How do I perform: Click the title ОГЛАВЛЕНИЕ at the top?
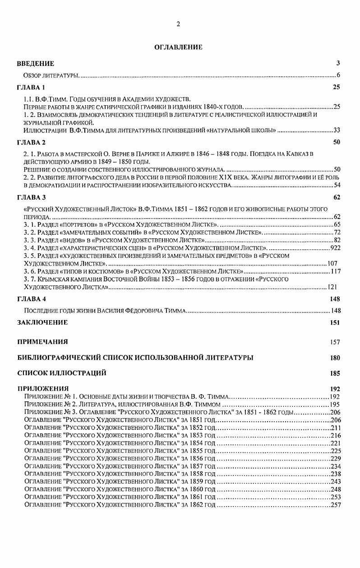coord(179,47)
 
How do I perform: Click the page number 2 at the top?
coord(178,24)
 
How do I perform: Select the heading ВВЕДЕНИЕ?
coord(36,63)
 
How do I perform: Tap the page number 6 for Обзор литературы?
coord(338,74)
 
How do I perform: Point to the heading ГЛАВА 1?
coord(31,87)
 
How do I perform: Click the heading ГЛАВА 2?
coord(31,142)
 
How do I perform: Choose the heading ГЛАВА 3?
coord(31,198)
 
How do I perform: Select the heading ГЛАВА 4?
coord(31,299)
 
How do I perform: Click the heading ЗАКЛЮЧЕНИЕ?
coord(42,322)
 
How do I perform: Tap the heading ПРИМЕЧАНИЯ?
coord(42,341)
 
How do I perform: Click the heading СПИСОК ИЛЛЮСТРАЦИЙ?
coord(62,373)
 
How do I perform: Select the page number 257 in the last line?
coord(336,504)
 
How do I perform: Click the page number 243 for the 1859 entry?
coord(336,481)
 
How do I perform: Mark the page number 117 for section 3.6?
coord(335,271)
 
